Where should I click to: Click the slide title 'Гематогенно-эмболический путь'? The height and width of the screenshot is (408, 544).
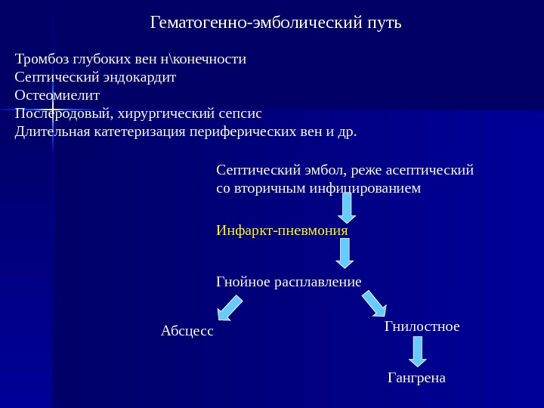pos(277,23)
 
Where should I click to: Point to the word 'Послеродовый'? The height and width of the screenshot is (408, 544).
pos(62,114)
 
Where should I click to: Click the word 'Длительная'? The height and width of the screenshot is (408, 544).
pos(53,132)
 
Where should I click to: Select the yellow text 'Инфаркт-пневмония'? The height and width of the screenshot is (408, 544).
pos(282,230)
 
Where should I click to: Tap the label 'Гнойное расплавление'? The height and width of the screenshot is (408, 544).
pos(289,282)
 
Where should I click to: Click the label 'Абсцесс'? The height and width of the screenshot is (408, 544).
pos(187,331)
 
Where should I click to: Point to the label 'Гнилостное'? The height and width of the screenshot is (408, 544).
pos(422,326)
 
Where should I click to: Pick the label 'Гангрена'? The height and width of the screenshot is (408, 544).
pos(416,377)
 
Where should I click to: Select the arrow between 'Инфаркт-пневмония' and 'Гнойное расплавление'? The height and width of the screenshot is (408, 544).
pos(345,253)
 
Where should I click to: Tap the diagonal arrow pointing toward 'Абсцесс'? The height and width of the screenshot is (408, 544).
pos(230,308)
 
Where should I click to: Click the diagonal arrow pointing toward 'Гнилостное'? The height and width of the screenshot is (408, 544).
pos(374,304)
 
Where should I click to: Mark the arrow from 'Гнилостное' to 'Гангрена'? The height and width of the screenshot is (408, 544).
pos(418,351)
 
